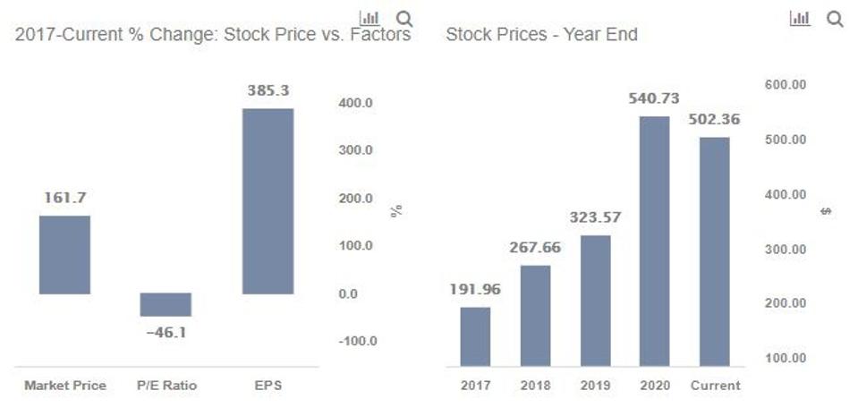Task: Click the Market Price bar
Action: (64, 255)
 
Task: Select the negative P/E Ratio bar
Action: (166, 305)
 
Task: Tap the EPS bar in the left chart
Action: (268, 201)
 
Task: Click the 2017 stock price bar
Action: (475, 336)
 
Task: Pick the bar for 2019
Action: (595, 301)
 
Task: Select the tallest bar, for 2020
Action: (655, 242)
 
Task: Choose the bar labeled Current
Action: (715, 251)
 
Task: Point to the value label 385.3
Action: (268, 90)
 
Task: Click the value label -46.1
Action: (166, 333)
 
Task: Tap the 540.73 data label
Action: (655, 98)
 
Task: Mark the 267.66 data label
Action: (535, 247)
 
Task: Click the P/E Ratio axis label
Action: (166, 386)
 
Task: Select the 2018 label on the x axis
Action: (535, 386)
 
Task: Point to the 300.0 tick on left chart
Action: (356, 150)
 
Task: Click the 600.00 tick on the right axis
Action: (786, 85)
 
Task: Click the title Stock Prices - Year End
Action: (541, 36)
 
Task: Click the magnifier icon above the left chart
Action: (404, 19)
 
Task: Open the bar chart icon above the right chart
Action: (800, 19)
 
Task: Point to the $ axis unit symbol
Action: (827, 211)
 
